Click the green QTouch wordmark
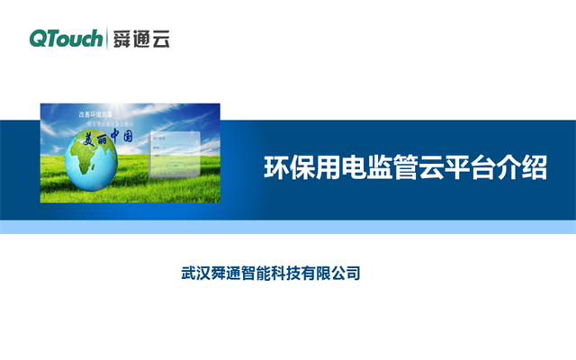click(x=66, y=38)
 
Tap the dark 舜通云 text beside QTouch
click(x=140, y=38)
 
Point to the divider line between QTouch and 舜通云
click(x=106, y=38)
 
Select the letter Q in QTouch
click(x=39, y=38)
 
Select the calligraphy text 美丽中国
click(x=110, y=138)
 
